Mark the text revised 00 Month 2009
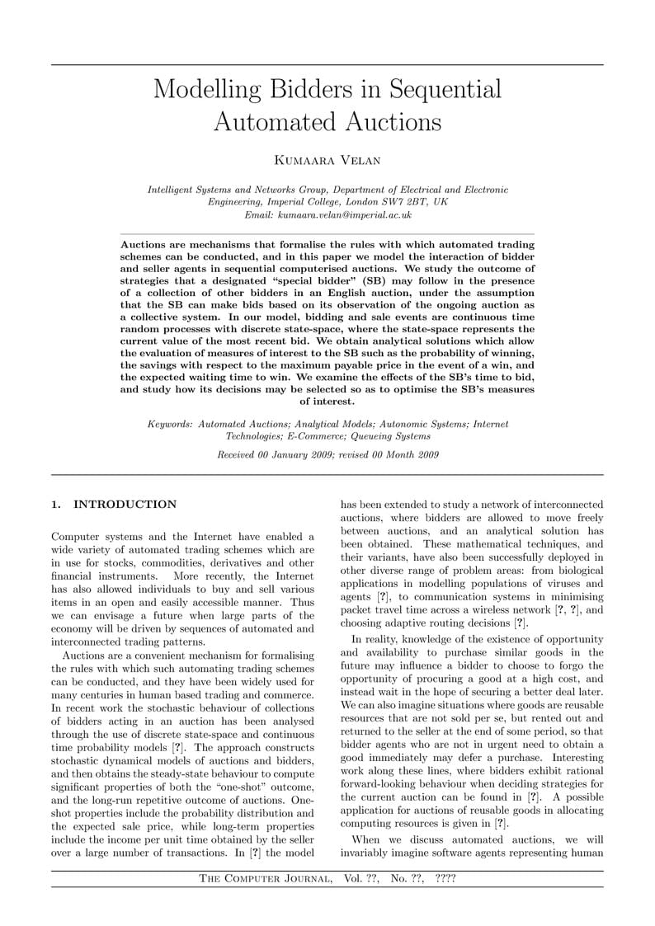pyautogui.click(x=387, y=454)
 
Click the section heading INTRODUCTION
pyautogui.click(x=125, y=505)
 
